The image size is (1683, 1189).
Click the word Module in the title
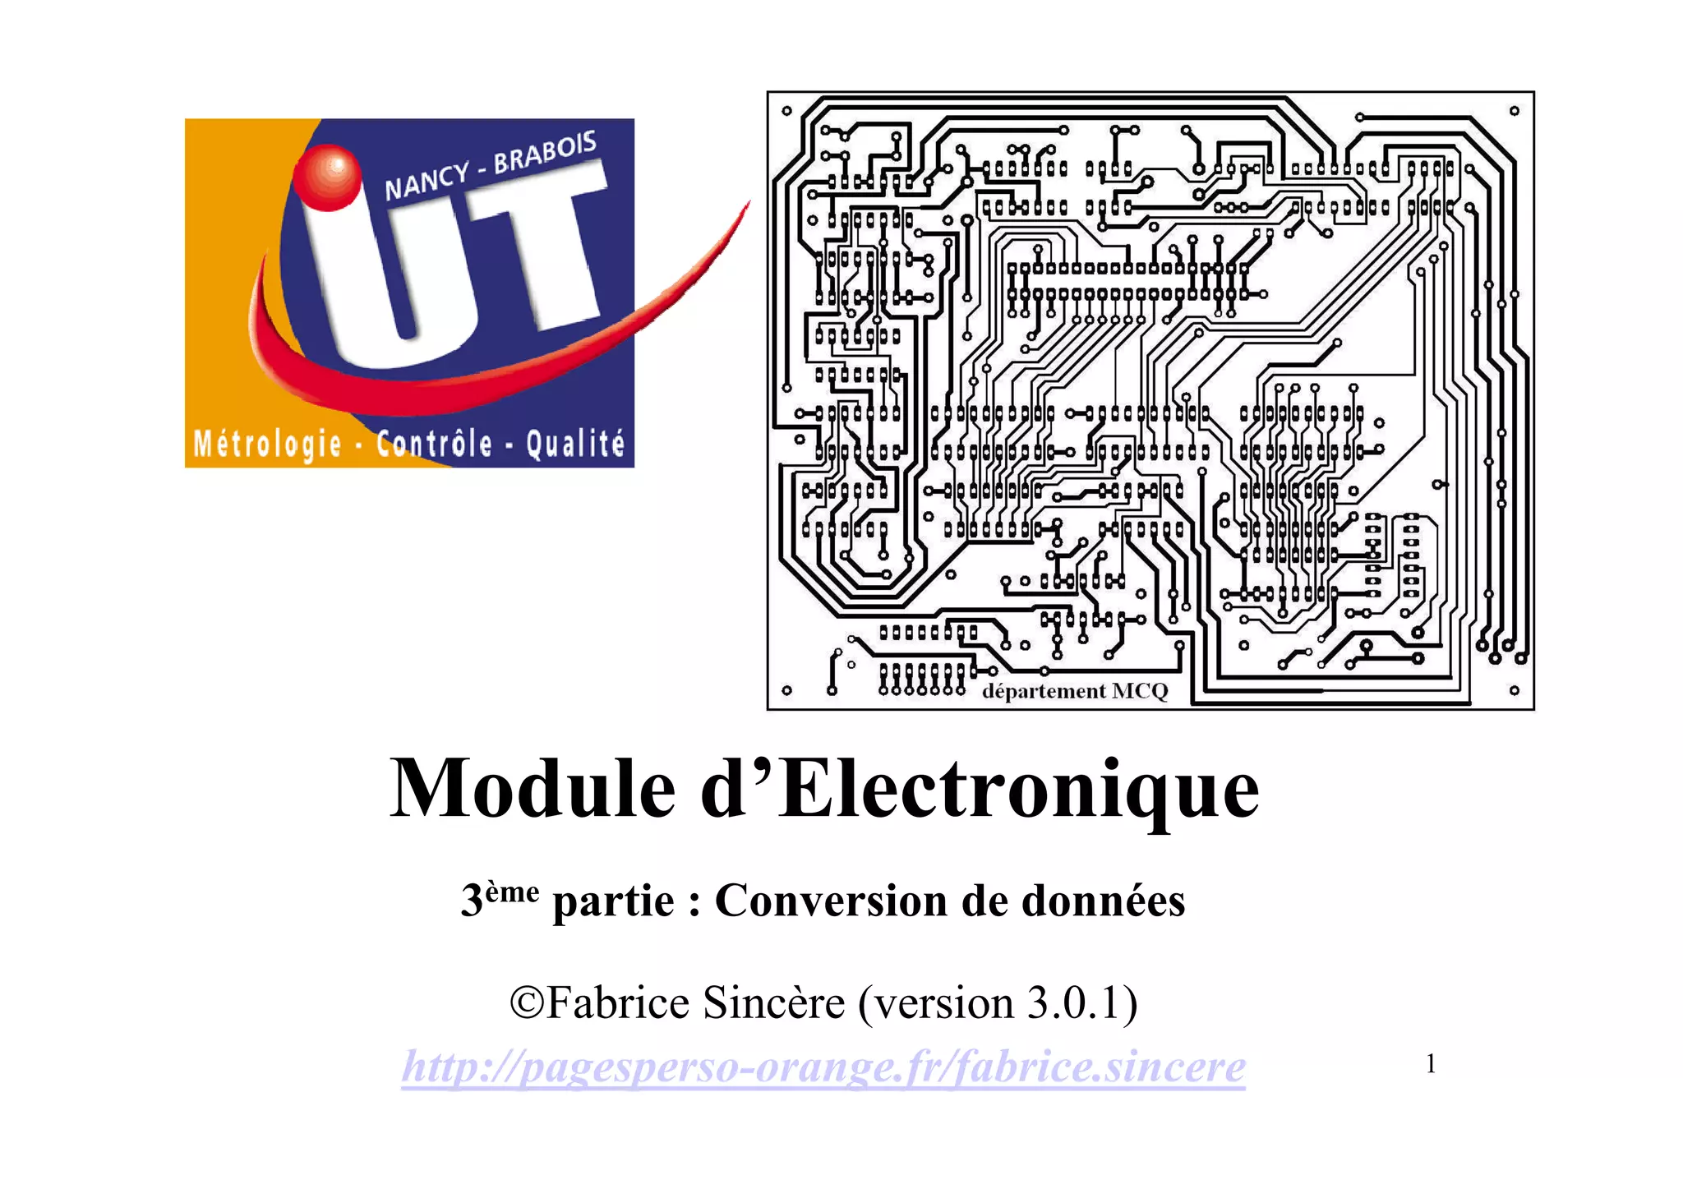533,789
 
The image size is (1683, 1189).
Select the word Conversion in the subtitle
829,901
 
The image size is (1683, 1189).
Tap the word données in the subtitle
1103,901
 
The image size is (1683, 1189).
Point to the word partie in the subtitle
614,902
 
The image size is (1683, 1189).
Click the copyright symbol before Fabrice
526,1003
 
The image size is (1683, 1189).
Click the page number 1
1431,1064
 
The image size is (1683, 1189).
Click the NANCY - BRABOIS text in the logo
490,167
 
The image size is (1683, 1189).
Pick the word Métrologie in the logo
267,445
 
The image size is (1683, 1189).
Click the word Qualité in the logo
574,445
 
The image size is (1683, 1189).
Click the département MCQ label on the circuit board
1075,691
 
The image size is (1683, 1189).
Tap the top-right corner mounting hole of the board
1514,111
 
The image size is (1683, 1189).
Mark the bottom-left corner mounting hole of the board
786,691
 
